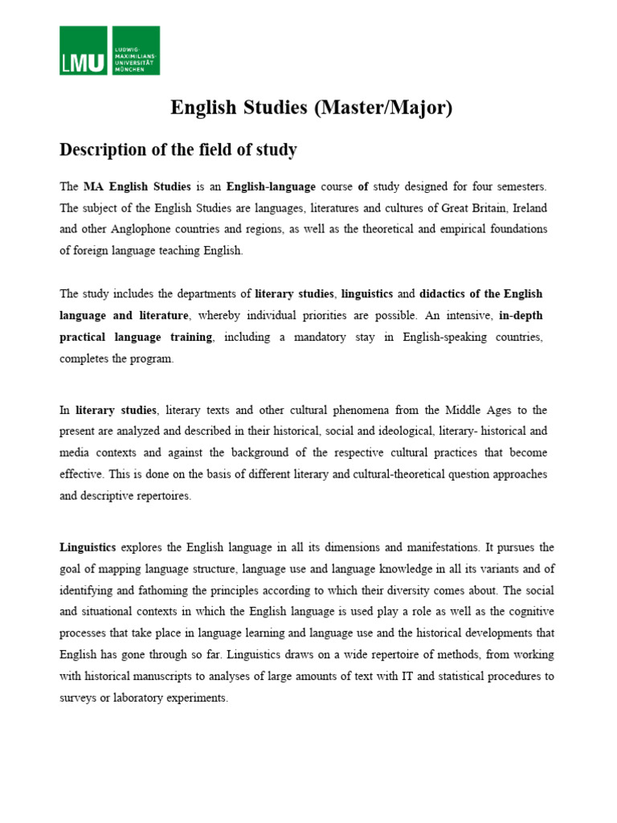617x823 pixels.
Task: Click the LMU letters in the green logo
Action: [83, 61]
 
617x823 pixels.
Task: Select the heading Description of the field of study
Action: [178, 149]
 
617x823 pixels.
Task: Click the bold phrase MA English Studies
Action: [137, 186]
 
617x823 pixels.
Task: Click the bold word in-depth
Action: [521, 316]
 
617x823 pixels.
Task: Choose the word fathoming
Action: [148, 590]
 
